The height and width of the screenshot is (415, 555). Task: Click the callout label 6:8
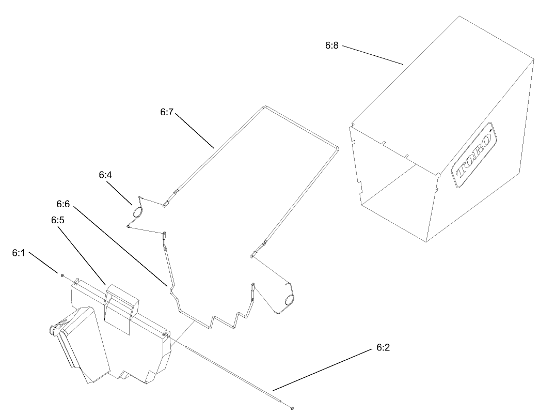click(331, 45)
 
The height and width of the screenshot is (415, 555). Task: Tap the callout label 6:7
click(166, 112)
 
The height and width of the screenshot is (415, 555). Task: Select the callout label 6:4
click(105, 175)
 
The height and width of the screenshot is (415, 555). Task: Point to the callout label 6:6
click(63, 204)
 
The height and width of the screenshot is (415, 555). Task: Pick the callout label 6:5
click(58, 220)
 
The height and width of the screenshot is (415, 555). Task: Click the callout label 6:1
click(19, 253)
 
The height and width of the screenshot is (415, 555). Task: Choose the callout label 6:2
click(383, 347)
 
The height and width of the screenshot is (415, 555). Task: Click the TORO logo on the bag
click(474, 155)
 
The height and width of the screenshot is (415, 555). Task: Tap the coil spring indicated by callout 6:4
click(137, 212)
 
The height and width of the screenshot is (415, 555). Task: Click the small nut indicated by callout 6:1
click(62, 274)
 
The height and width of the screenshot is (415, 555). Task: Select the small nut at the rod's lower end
click(292, 409)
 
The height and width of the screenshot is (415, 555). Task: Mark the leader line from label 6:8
click(373, 55)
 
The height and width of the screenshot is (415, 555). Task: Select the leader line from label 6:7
click(195, 130)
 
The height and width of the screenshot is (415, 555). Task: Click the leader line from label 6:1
click(43, 263)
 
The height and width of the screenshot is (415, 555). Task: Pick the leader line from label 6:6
click(120, 247)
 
